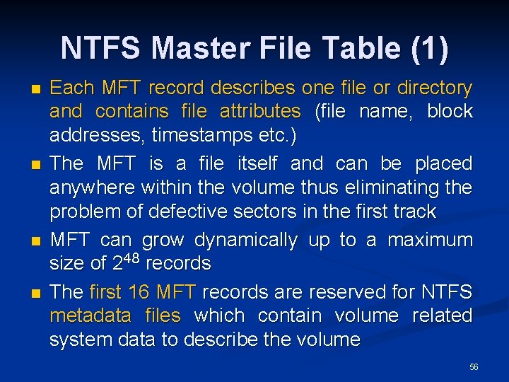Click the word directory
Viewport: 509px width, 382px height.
[x=433, y=88]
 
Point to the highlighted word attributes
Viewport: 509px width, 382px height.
[x=260, y=112]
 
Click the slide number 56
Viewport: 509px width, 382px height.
[x=474, y=367]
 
